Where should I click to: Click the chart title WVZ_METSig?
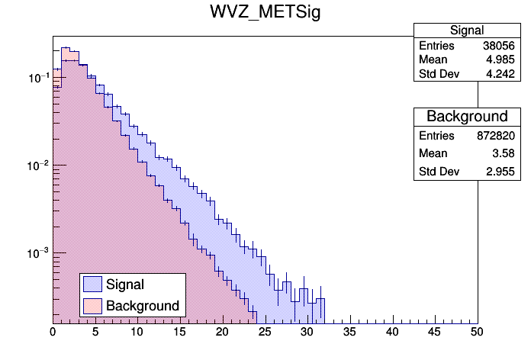[x=265, y=13]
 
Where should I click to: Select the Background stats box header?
[x=467, y=117]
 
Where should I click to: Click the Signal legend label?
[x=125, y=284]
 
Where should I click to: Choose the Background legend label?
[x=143, y=306]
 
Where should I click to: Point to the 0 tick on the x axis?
[x=53, y=332]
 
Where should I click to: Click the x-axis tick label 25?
[x=265, y=332]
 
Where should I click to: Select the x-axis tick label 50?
[x=477, y=332]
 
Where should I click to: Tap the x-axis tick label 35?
[x=349, y=332]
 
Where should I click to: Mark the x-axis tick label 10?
[x=137, y=332]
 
